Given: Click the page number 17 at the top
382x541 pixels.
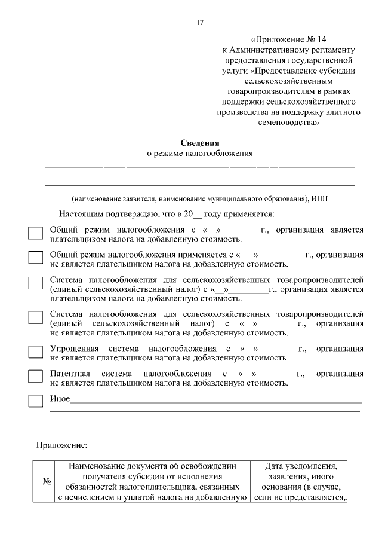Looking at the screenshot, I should pos(200,23).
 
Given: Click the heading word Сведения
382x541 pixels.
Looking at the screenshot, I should pos(200,143).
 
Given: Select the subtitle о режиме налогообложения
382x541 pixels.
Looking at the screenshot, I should pos(200,154).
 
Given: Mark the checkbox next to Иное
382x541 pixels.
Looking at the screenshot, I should pos(36,401).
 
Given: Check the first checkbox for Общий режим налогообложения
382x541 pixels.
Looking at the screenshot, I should pos(36,233).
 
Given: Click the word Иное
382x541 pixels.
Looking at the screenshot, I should pos(60,399).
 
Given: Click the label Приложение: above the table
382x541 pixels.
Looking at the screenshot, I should pos(62,445).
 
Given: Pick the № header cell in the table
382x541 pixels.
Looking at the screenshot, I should pos(45,482).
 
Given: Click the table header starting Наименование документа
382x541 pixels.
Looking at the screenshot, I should pos(152,481).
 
